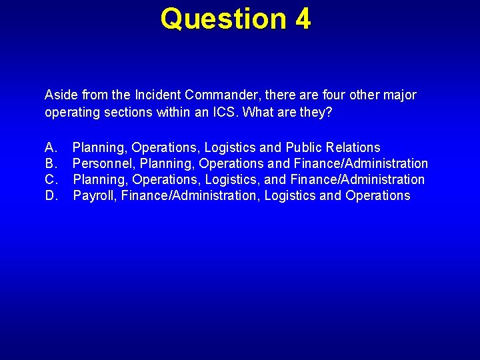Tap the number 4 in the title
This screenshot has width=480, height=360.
(303, 19)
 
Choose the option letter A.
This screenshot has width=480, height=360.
(51, 147)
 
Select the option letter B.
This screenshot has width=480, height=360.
(51, 163)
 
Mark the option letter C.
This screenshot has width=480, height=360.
(51, 179)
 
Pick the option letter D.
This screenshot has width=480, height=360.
(51, 195)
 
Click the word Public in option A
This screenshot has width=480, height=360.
(303, 147)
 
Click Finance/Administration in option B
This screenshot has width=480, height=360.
(361, 163)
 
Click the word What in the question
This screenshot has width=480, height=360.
(258, 112)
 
